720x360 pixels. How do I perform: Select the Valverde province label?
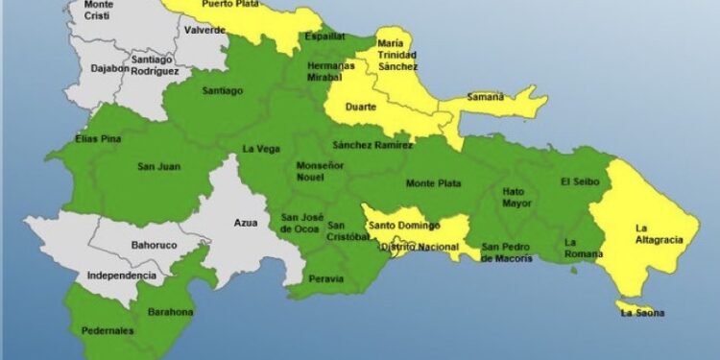click(x=204, y=31)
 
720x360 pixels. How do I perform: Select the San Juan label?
click(x=159, y=166)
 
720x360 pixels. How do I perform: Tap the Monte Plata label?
click(x=432, y=183)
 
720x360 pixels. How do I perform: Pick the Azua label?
click(x=246, y=223)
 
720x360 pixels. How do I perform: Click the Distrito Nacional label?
click(x=420, y=247)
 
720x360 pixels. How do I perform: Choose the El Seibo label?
click(x=579, y=181)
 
